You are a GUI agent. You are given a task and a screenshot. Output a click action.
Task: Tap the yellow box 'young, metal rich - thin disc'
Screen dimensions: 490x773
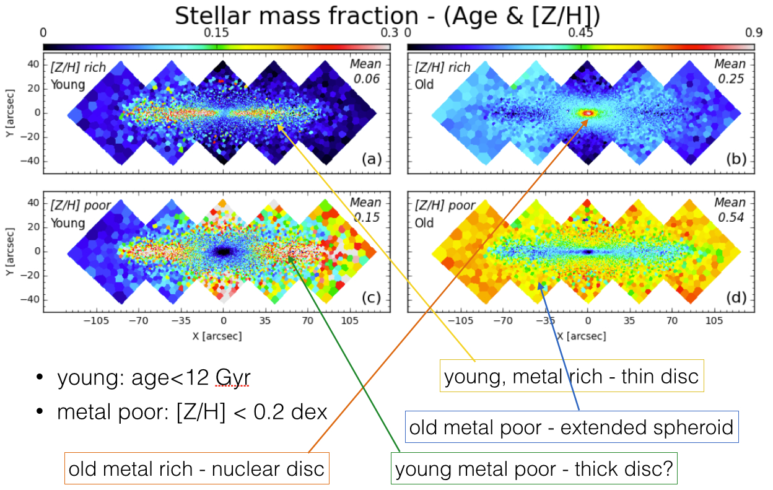coord(572,376)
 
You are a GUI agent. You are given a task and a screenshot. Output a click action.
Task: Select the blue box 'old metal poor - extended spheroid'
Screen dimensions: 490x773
coord(572,427)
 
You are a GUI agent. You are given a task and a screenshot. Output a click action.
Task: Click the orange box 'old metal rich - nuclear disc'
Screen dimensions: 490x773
coord(196,468)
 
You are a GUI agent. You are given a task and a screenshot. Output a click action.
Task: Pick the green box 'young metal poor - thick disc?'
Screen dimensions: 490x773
coord(533,468)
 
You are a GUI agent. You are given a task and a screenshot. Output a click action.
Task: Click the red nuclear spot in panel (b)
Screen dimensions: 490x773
coord(588,113)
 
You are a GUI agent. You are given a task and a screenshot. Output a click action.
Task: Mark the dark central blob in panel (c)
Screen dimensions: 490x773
coord(223,252)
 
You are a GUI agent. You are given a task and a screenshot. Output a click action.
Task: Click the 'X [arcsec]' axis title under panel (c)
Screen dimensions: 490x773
coord(216,335)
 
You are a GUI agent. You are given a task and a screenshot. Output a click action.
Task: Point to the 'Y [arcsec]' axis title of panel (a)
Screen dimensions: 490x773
coord(12,113)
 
